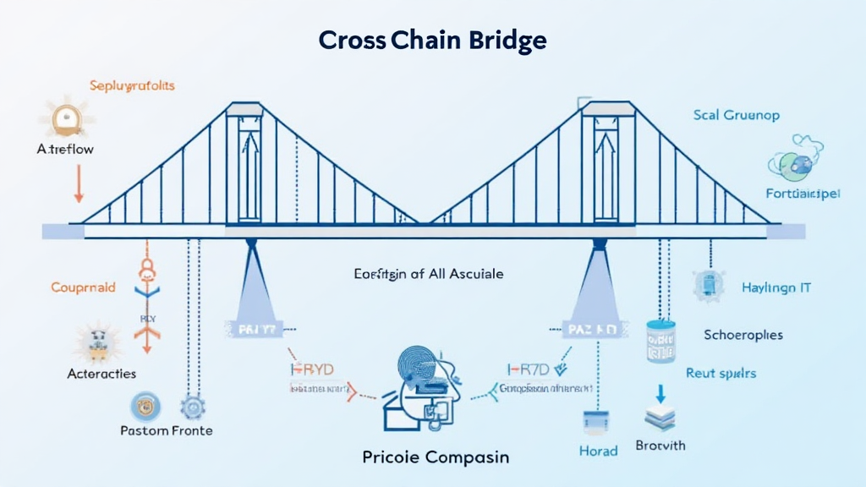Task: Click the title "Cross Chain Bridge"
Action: click(432, 40)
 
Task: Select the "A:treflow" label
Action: click(65, 149)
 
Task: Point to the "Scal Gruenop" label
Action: click(736, 114)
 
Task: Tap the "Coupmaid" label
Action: click(83, 287)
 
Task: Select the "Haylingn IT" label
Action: click(776, 287)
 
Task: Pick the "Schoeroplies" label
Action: click(743, 335)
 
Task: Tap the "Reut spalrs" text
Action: click(721, 372)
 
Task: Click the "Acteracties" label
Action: click(101, 373)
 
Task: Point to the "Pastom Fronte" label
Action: click(167, 430)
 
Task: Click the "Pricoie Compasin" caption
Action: click(436, 457)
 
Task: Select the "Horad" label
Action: click(598, 451)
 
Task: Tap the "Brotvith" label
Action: click(661, 445)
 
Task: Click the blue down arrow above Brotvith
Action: click(661, 394)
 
